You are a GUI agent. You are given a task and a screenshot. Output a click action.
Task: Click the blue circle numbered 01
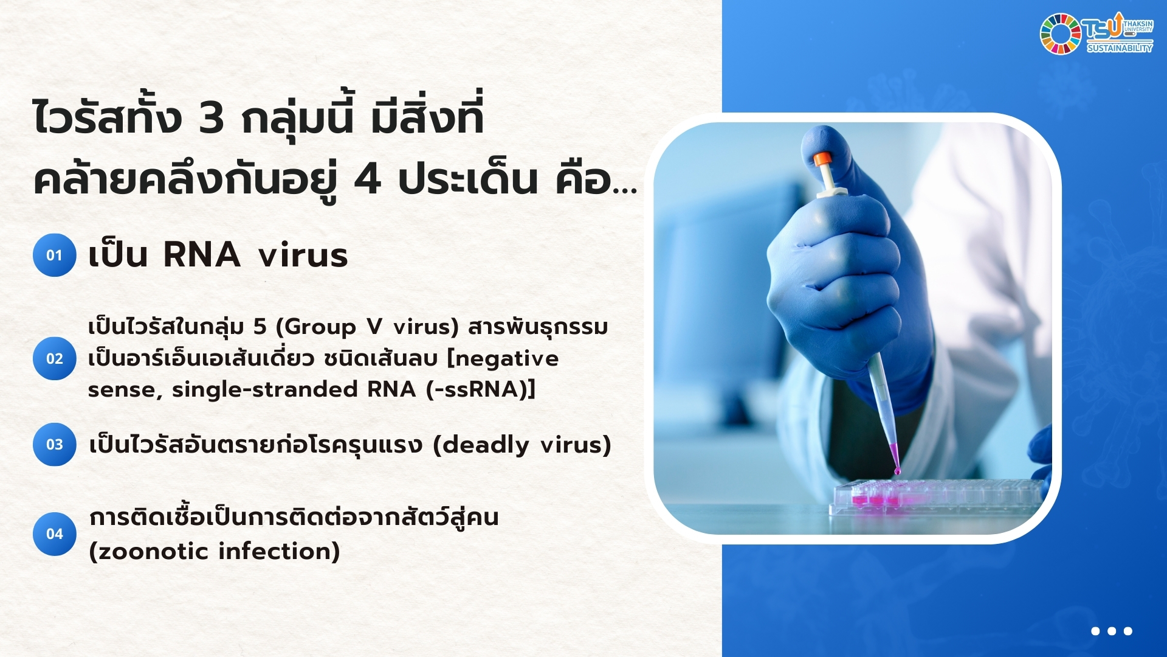coord(55,255)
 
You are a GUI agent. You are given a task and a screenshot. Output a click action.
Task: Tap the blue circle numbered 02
coord(55,358)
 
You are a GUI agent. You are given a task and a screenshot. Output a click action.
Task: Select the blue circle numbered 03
coord(55,444)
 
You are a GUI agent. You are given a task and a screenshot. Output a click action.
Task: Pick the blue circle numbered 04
coord(55,534)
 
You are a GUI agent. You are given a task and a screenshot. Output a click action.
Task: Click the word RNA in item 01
coord(202,254)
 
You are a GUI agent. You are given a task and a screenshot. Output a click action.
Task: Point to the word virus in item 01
coord(303,255)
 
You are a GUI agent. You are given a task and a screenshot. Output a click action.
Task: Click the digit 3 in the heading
coord(211,118)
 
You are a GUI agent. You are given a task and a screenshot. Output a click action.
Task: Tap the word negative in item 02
coord(507,359)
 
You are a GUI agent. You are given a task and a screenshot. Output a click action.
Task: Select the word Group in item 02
coord(320,327)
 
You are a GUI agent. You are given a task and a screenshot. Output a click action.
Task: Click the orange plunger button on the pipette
coord(822,159)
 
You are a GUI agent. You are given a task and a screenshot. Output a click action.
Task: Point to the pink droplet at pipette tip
coord(897,470)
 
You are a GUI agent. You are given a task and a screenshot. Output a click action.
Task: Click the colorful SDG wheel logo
coord(1060,34)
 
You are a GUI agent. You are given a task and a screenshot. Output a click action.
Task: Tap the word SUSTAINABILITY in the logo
coord(1120,48)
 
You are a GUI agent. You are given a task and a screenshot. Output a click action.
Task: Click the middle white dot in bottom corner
coord(1112,631)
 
